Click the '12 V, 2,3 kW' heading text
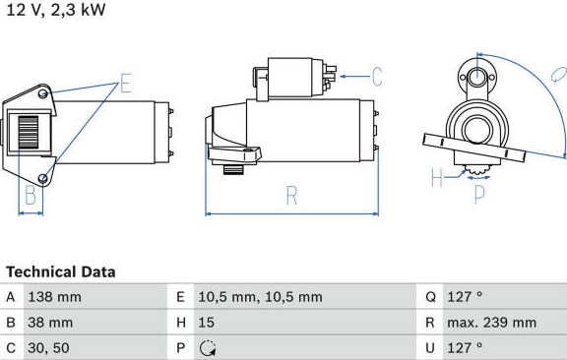tap(56, 10)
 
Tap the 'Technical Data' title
tap(61, 271)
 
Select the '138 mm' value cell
tap(54, 297)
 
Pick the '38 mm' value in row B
tap(50, 323)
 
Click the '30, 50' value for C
tap(48, 348)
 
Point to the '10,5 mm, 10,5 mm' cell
tap(260, 297)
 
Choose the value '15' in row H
tap(206, 323)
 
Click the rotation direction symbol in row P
tap(208, 348)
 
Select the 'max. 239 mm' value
tap(492, 323)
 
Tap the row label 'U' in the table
tap(430, 348)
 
